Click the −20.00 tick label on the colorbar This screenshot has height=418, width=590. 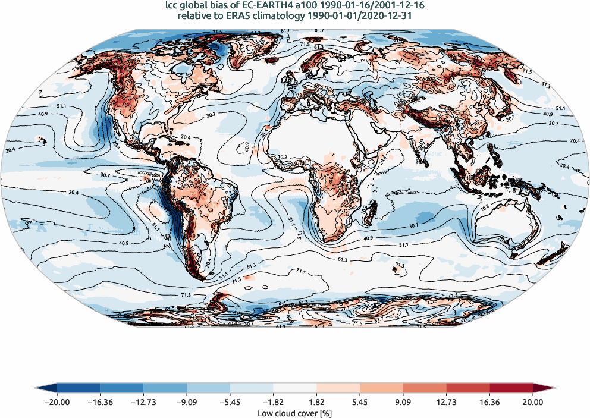pos(57,403)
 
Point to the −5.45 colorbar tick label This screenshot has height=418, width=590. pos(230,403)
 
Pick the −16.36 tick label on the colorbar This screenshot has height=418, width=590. pos(100,403)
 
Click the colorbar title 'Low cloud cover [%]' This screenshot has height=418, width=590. pos(294,413)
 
